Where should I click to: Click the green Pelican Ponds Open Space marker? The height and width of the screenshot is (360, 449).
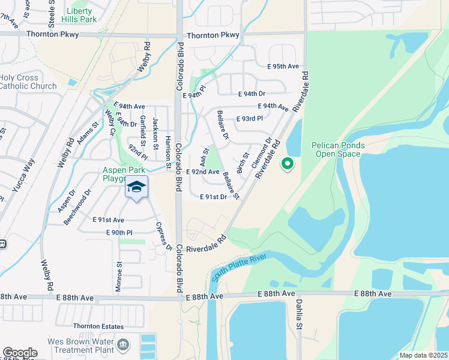coord(288,163)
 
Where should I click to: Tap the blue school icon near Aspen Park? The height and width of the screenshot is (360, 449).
coord(136,187)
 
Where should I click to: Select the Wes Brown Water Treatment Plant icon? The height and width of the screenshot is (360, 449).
coord(123,344)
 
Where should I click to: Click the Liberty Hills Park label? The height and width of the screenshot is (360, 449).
coord(80,16)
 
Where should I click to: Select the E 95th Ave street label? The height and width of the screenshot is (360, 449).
coord(279,67)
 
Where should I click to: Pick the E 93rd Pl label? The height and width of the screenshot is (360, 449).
coord(249,119)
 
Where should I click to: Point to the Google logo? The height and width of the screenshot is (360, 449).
coord(20,353)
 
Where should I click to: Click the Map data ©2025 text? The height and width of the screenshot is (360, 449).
coord(423,355)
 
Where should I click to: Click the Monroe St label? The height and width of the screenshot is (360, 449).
coord(119,272)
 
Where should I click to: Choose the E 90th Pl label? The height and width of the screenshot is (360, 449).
coord(119,232)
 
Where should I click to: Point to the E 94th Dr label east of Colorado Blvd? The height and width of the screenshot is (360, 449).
coord(252,94)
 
